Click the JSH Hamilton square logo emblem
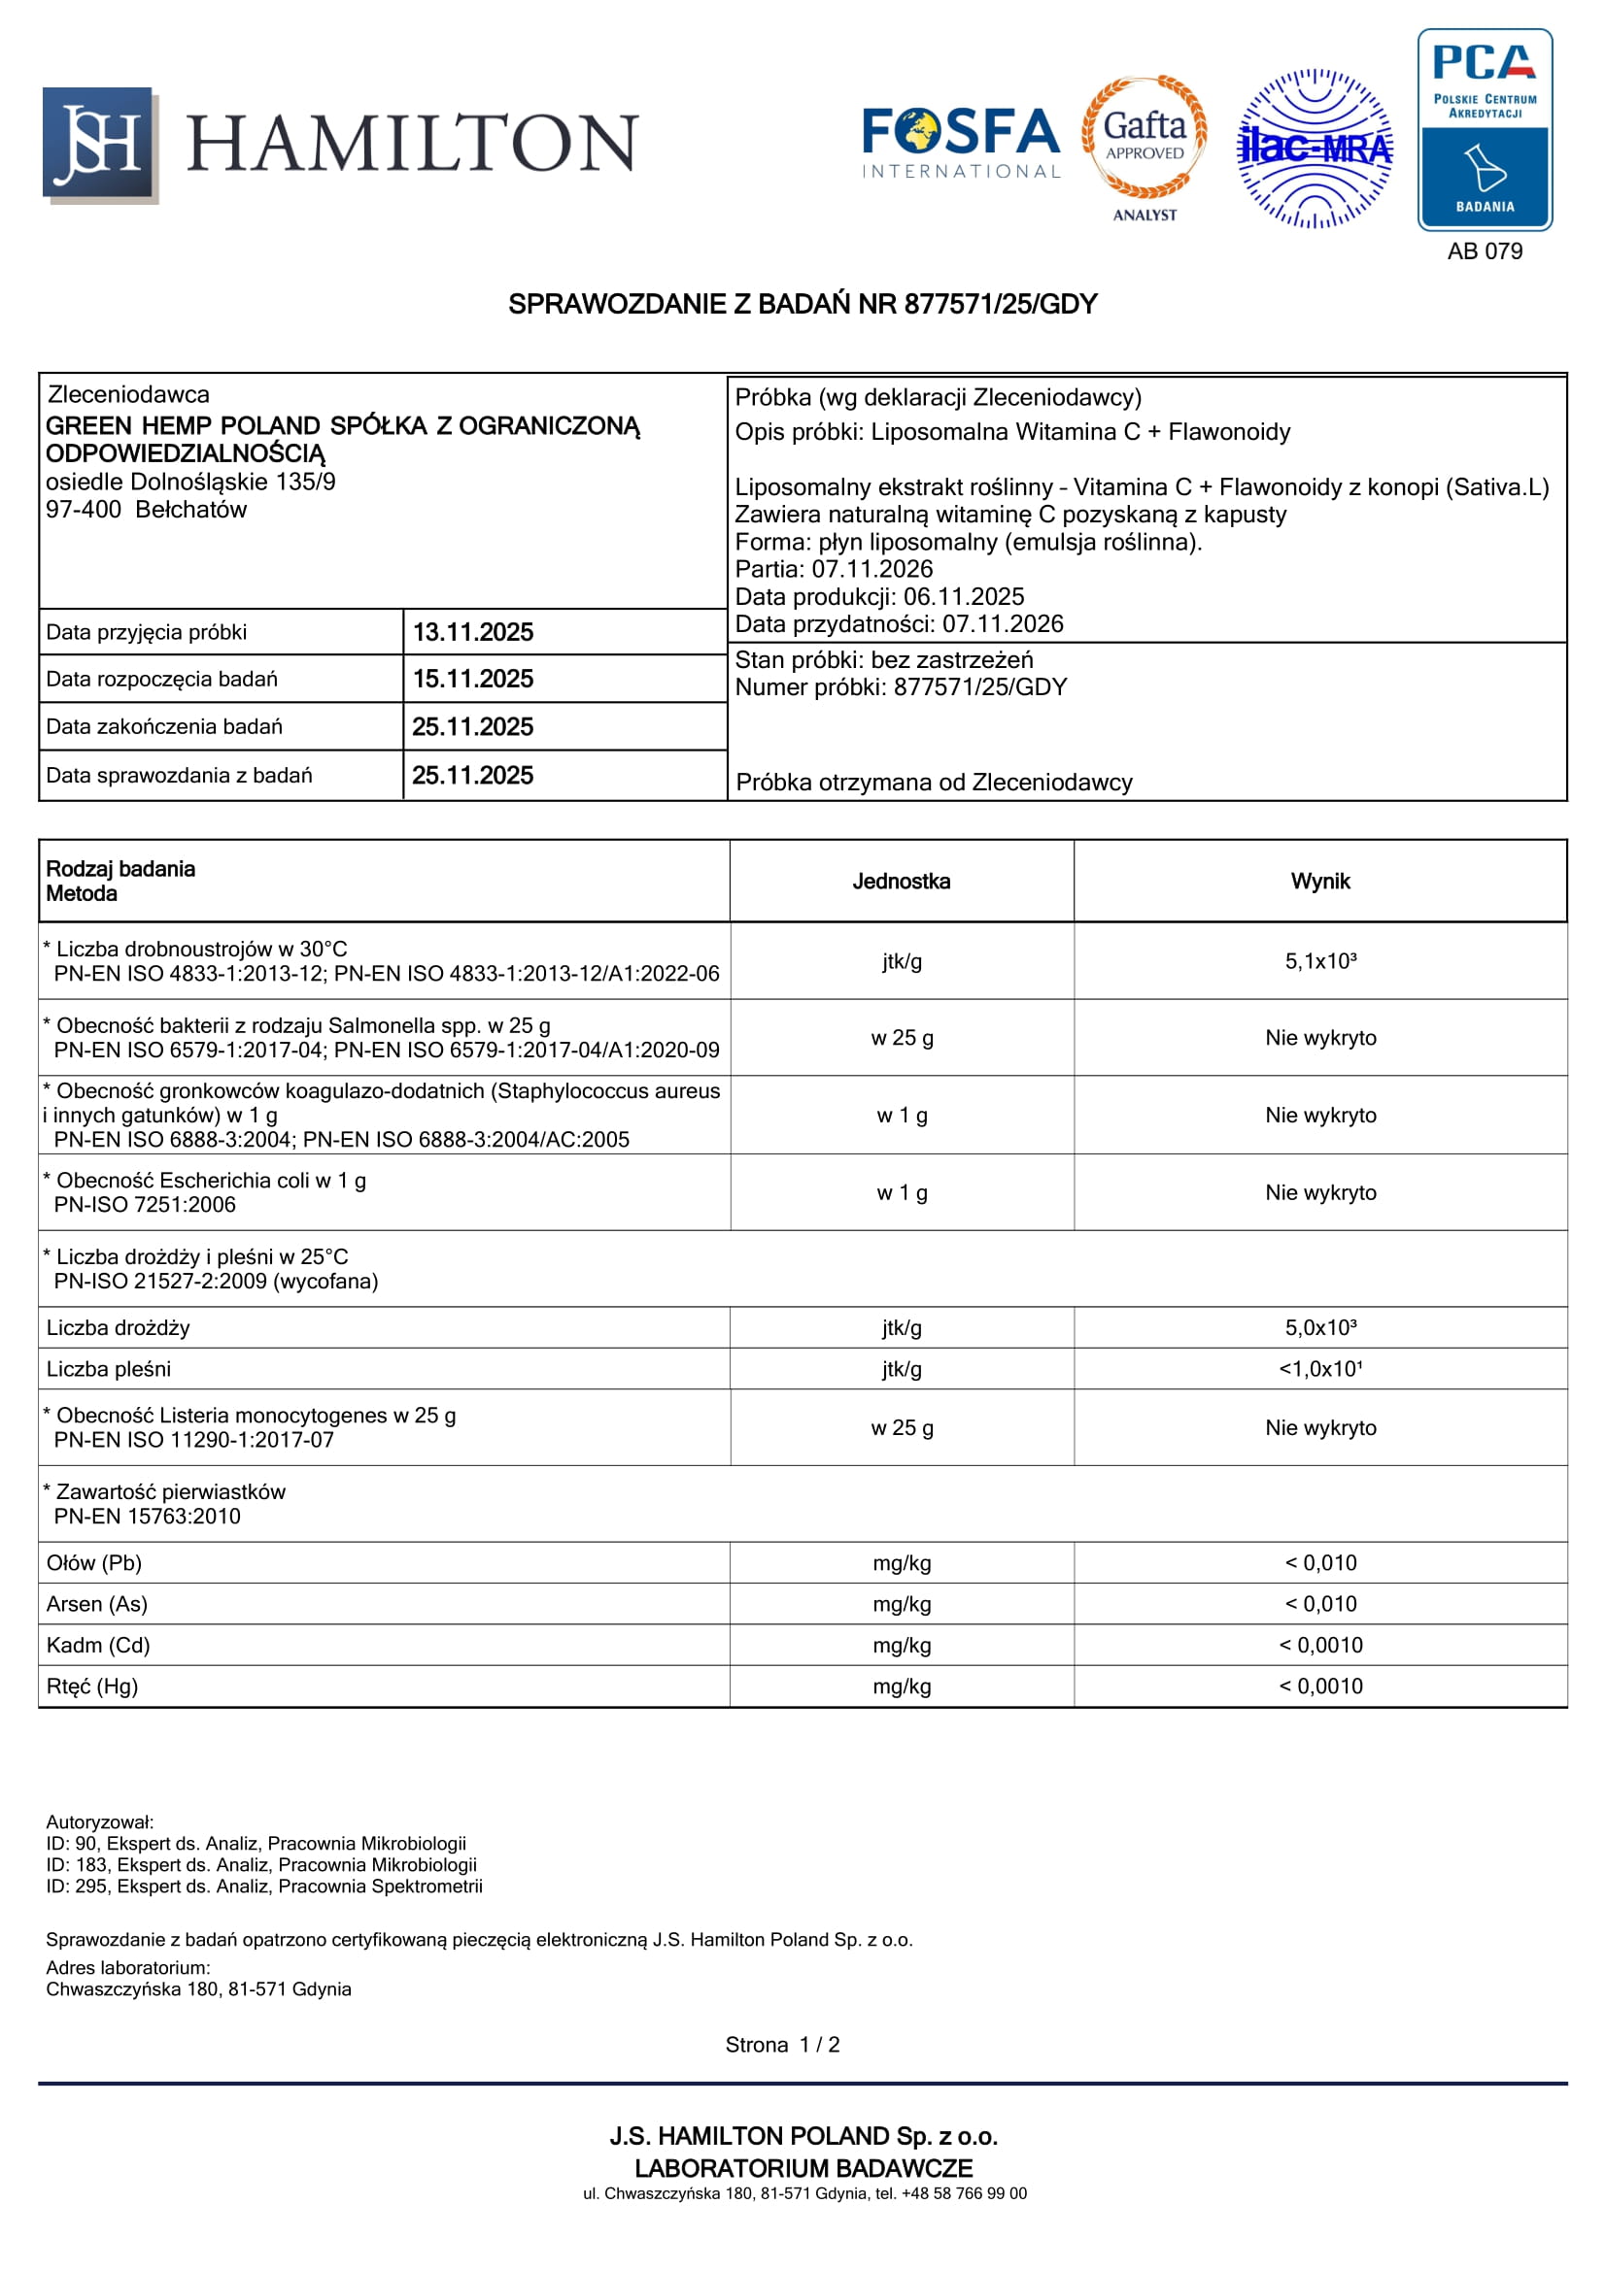point(99,145)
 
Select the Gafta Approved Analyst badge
point(1144,147)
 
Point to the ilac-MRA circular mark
point(1315,149)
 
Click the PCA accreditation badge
point(1485,129)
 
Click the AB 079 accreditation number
point(1485,251)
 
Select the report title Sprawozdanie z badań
point(803,305)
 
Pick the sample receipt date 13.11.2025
point(472,632)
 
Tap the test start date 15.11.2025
point(472,679)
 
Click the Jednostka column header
point(901,882)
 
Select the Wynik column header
point(1320,882)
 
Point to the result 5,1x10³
point(1320,961)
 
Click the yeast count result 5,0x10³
point(1320,1327)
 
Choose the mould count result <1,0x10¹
point(1320,1369)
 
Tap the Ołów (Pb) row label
point(94,1563)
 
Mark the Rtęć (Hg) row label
point(92,1687)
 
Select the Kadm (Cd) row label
point(98,1645)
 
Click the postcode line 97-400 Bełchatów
point(147,510)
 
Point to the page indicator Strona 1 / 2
point(782,2045)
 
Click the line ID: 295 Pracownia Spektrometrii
point(264,1887)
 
